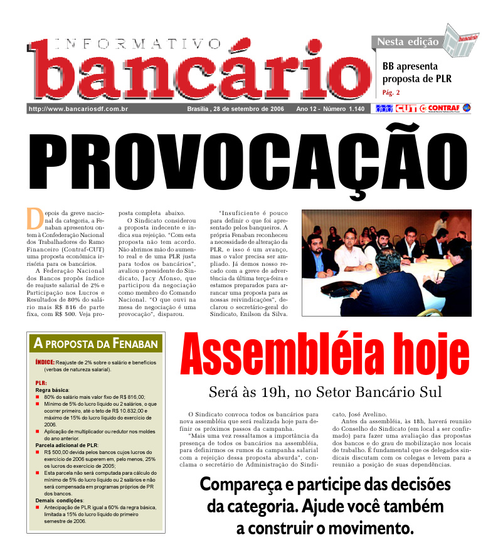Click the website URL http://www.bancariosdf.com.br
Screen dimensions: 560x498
coord(78,109)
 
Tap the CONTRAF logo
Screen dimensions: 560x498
coord(443,108)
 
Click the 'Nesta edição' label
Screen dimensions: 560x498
coord(408,42)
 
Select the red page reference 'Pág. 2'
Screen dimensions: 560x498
coord(391,93)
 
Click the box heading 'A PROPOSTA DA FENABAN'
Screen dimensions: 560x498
coord(96,343)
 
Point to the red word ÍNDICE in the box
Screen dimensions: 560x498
coord(45,362)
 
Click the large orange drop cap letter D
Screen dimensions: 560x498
coord(34,218)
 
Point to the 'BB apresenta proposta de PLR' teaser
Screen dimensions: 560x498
coord(417,72)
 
